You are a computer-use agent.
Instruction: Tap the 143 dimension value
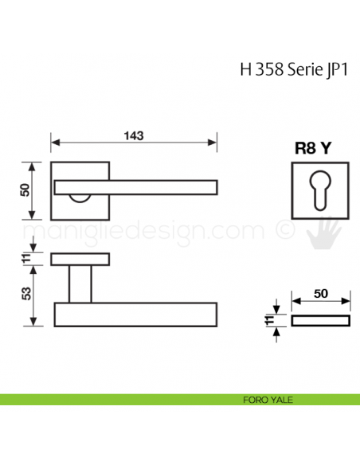click(x=133, y=135)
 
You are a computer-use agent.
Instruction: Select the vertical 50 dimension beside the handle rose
click(x=24, y=190)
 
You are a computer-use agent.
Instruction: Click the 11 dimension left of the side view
click(x=24, y=259)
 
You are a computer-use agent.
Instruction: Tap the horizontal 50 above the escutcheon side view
click(x=321, y=293)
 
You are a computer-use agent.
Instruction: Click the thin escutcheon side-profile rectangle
click(x=320, y=320)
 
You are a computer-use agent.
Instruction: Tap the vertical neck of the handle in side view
click(x=80, y=283)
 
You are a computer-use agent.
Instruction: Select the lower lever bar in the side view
click(x=135, y=313)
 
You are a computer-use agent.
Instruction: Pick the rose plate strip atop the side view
click(x=80, y=259)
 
